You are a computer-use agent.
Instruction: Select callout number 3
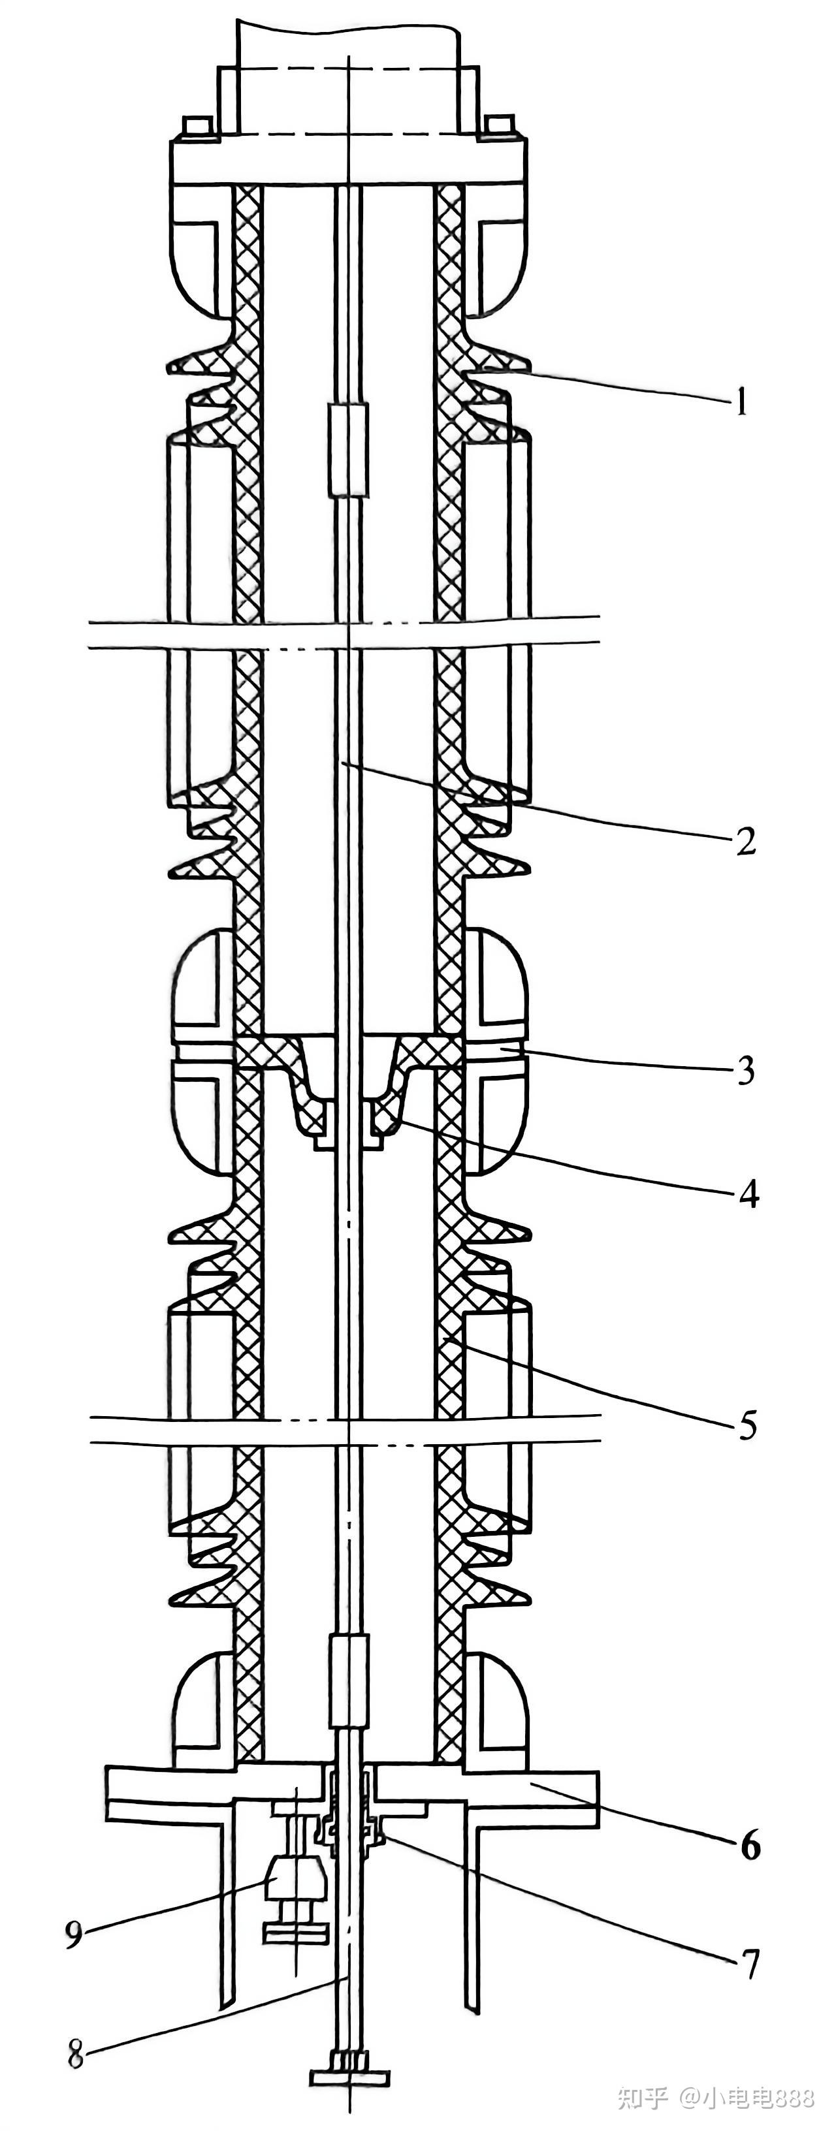tap(745, 1071)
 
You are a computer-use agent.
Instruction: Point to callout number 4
tap(747, 1193)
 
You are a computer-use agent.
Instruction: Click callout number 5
tap(747, 1425)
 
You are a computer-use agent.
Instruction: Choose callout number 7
tap(750, 1964)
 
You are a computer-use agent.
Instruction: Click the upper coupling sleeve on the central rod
tap(347, 451)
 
